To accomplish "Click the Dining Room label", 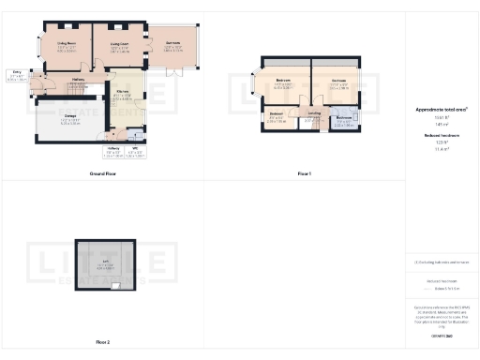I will click(67, 42).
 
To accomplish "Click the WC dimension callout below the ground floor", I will click(136, 151).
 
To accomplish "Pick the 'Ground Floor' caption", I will click(102, 173).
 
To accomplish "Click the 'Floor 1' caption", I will click(304, 173).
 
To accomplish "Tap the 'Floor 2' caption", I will click(102, 343).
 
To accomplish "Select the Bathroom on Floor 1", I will click(343, 119).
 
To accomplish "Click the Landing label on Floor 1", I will click(313, 114).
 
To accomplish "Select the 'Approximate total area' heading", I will click(442, 110).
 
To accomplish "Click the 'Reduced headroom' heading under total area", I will click(442, 136).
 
